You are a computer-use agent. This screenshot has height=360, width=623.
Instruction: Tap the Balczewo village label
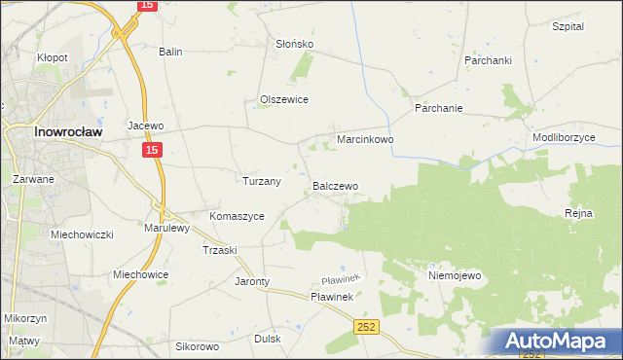(335, 185)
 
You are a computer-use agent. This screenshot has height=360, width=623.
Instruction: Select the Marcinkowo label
(365, 140)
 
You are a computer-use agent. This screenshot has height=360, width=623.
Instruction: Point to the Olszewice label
(284, 99)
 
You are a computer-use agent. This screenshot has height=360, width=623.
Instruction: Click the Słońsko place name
(293, 44)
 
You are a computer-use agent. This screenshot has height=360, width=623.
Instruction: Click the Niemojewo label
(455, 275)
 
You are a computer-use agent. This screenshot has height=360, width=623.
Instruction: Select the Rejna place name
(578, 212)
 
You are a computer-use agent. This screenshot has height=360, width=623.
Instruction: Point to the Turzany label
(261, 181)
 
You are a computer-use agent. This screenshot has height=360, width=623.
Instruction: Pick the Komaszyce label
(237, 216)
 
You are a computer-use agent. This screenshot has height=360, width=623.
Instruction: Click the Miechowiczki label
(83, 234)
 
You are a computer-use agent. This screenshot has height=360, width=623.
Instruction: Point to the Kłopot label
(53, 57)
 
